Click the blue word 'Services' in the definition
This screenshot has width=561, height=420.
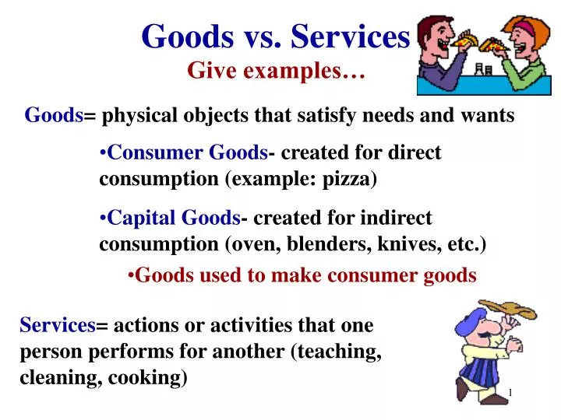tap(56, 325)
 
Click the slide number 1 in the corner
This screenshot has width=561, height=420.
tap(510, 392)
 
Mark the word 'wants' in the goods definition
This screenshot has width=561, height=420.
tap(489, 116)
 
